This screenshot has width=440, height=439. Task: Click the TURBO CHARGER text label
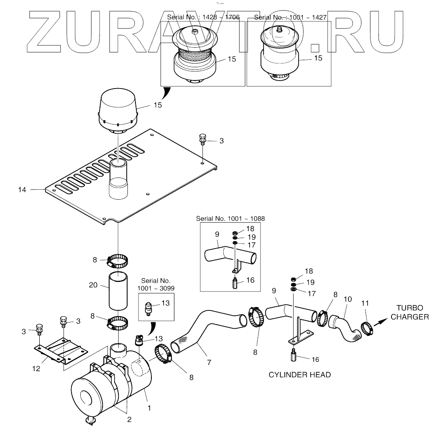(409, 312)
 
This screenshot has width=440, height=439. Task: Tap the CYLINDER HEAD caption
(299, 375)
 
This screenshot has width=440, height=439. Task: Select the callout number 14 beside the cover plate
(22, 190)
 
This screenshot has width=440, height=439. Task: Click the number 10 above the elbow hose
(348, 299)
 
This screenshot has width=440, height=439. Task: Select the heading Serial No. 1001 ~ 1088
(230, 218)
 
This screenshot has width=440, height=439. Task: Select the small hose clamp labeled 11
(367, 329)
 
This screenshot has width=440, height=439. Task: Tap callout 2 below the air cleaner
(129, 420)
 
